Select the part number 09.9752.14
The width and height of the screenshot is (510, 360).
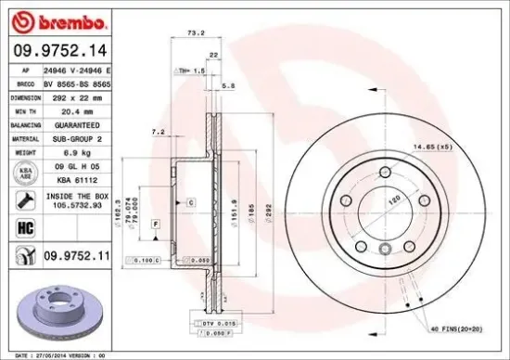(57, 48)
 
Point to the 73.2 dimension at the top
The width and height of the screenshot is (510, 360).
(196, 32)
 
